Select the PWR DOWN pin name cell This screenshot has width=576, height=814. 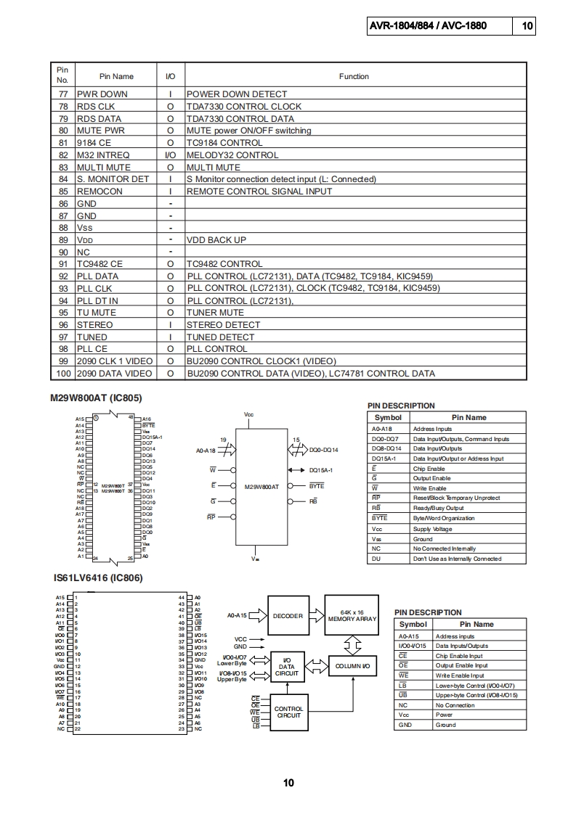point(102,94)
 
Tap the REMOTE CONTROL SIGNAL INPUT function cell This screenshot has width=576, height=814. point(259,192)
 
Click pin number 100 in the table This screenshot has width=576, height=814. point(62,374)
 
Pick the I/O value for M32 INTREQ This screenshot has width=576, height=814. point(171,155)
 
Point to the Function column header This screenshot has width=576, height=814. point(354,76)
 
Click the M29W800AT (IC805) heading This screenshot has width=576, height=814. point(96,398)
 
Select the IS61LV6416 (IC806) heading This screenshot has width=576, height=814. point(97,578)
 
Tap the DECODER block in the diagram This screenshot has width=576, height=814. point(288,616)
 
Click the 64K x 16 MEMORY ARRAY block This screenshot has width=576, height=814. point(352,616)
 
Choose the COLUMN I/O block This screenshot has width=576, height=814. point(353,666)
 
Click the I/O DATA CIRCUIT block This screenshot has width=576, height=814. point(287,667)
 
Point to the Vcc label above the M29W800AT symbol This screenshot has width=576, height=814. point(248,414)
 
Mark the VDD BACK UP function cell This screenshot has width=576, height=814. point(216,240)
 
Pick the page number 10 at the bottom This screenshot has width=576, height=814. point(288,782)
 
